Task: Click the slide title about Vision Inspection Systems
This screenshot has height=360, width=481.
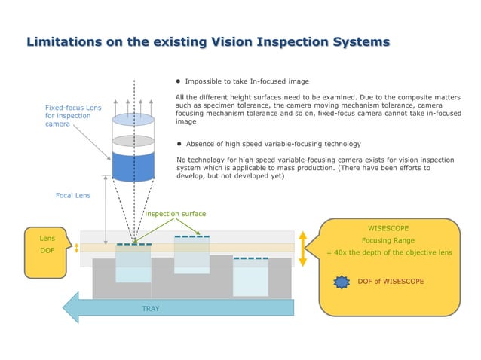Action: click(208, 41)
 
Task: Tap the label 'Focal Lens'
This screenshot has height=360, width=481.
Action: click(73, 195)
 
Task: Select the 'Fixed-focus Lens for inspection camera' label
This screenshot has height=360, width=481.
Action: click(72, 116)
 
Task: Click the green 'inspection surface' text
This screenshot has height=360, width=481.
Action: click(175, 214)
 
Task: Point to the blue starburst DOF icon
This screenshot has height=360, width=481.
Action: click(342, 282)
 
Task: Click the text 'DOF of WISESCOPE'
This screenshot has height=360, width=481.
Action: click(400, 282)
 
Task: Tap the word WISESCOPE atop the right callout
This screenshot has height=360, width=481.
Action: click(388, 227)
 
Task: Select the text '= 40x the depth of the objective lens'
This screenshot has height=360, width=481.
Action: click(388, 252)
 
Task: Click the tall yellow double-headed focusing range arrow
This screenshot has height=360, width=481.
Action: click(302, 248)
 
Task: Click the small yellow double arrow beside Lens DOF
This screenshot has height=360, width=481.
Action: click(76, 249)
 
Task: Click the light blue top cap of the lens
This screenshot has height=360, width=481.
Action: click(133, 118)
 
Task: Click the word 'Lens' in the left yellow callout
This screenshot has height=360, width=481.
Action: click(47, 238)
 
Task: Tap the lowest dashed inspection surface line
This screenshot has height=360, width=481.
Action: click(250, 258)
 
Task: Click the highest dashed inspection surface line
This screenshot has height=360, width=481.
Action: click(191, 236)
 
